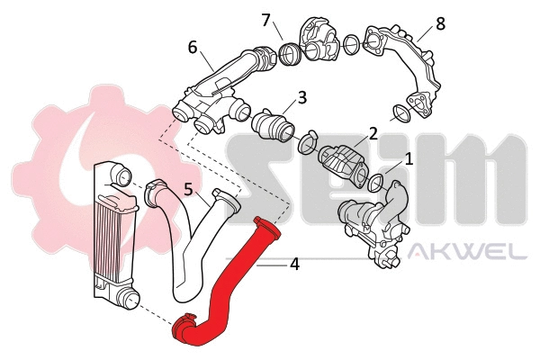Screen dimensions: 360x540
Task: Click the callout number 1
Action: point(409,159)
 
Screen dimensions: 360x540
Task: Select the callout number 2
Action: point(372,136)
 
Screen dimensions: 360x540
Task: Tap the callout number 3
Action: point(302,96)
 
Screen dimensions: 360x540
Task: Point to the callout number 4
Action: point(294,265)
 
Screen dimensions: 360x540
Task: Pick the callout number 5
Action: point(188,190)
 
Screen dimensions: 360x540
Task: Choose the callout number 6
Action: point(193,46)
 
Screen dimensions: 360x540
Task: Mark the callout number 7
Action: point(265,19)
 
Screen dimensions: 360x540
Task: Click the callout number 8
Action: point(440,23)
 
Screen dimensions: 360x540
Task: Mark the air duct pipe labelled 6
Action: point(216,90)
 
